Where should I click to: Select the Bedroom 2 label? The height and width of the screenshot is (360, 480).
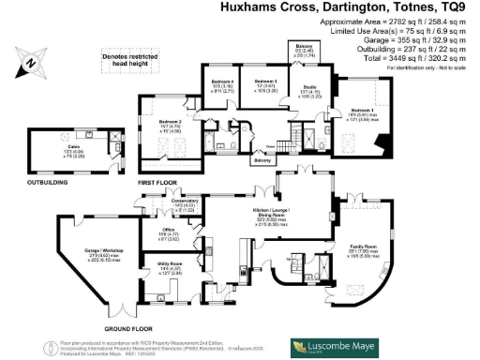169,122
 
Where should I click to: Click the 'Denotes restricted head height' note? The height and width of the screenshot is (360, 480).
129,62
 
